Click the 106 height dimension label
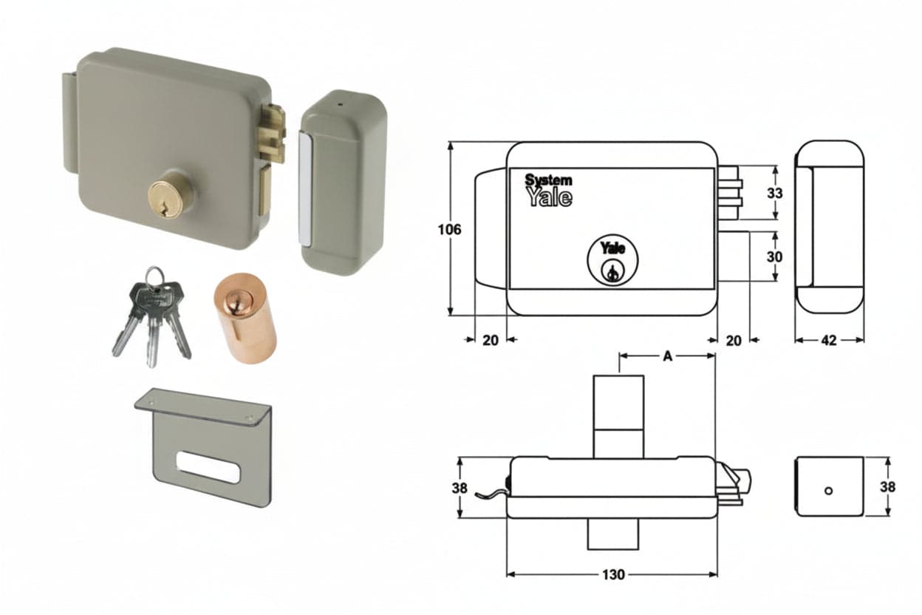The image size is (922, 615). [x=449, y=229]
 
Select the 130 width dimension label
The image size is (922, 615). [x=613, y=574]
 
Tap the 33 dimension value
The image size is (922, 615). [x=775, y=193]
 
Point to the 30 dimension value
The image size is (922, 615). [x=774, y=256]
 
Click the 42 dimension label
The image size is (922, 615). [x=829, y=340]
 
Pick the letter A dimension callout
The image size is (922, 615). [x=668, y=356]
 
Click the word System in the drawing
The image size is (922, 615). [x=548, y=180]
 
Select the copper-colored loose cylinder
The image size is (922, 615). [x=245, y=317]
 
